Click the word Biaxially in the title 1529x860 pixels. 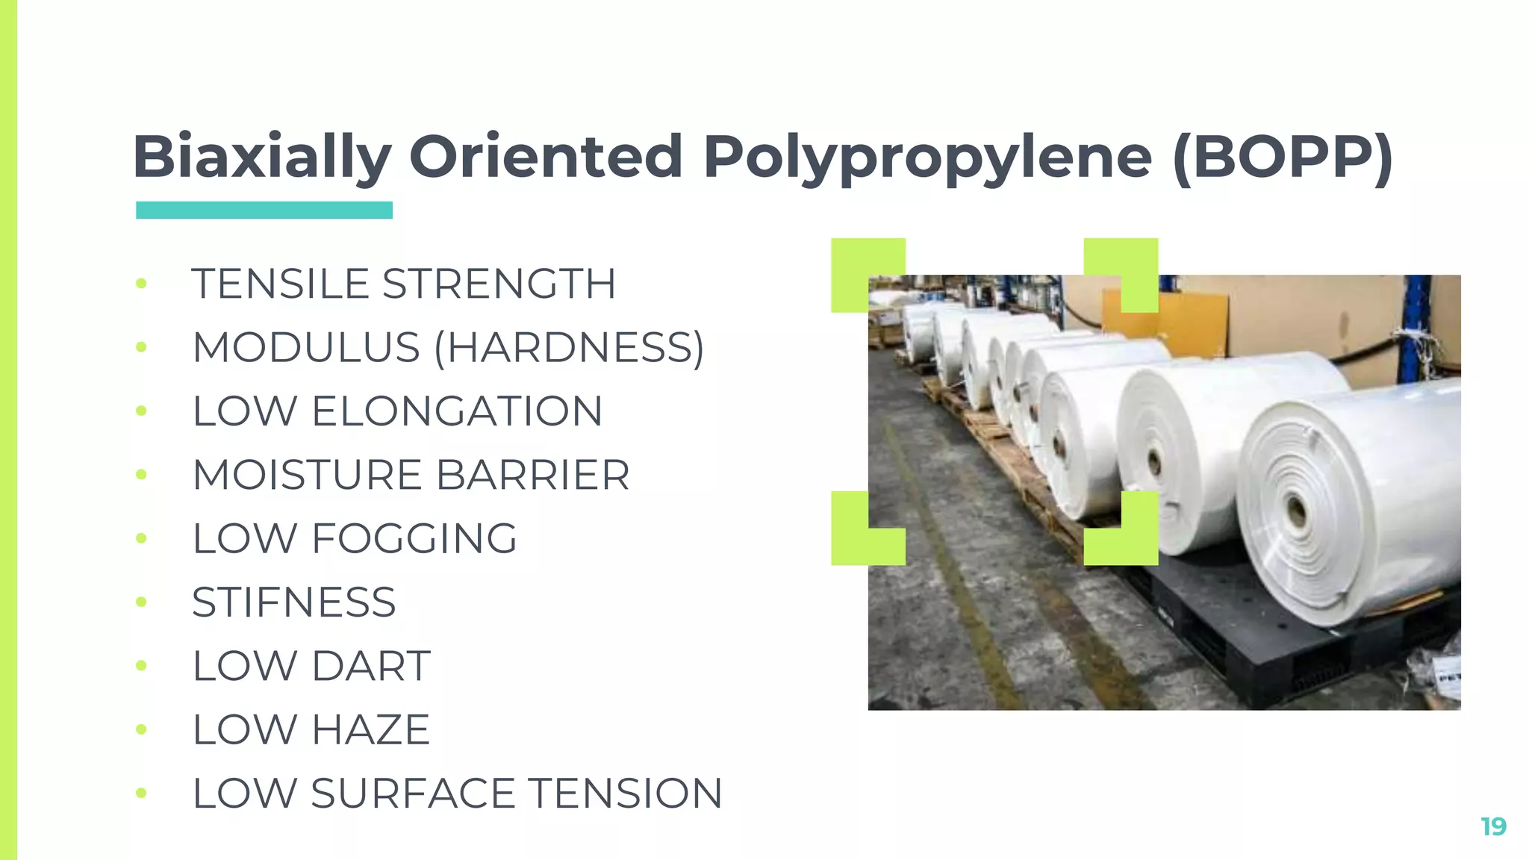coord(262,158)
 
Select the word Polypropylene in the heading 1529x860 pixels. coord(927,158)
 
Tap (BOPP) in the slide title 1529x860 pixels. coord(1283,158)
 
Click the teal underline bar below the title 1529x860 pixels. coord(264,211)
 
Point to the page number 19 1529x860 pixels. coord(1493,826)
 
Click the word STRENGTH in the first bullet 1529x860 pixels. coord(499,284)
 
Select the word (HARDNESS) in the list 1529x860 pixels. coord(569,348)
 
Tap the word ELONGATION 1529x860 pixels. coord(457,411)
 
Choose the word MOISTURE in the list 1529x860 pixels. coord(308,475)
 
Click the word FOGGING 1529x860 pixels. coord(414,539)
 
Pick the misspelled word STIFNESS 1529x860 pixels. coord(293,602)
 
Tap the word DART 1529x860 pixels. coord(371,666)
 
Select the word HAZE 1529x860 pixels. coord(370,729)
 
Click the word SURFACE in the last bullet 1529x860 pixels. coord(412,793)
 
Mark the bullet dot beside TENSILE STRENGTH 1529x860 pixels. coord(141,284)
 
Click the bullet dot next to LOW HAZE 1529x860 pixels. coord(141,729)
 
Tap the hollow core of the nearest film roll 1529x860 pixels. coord(1297,512)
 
